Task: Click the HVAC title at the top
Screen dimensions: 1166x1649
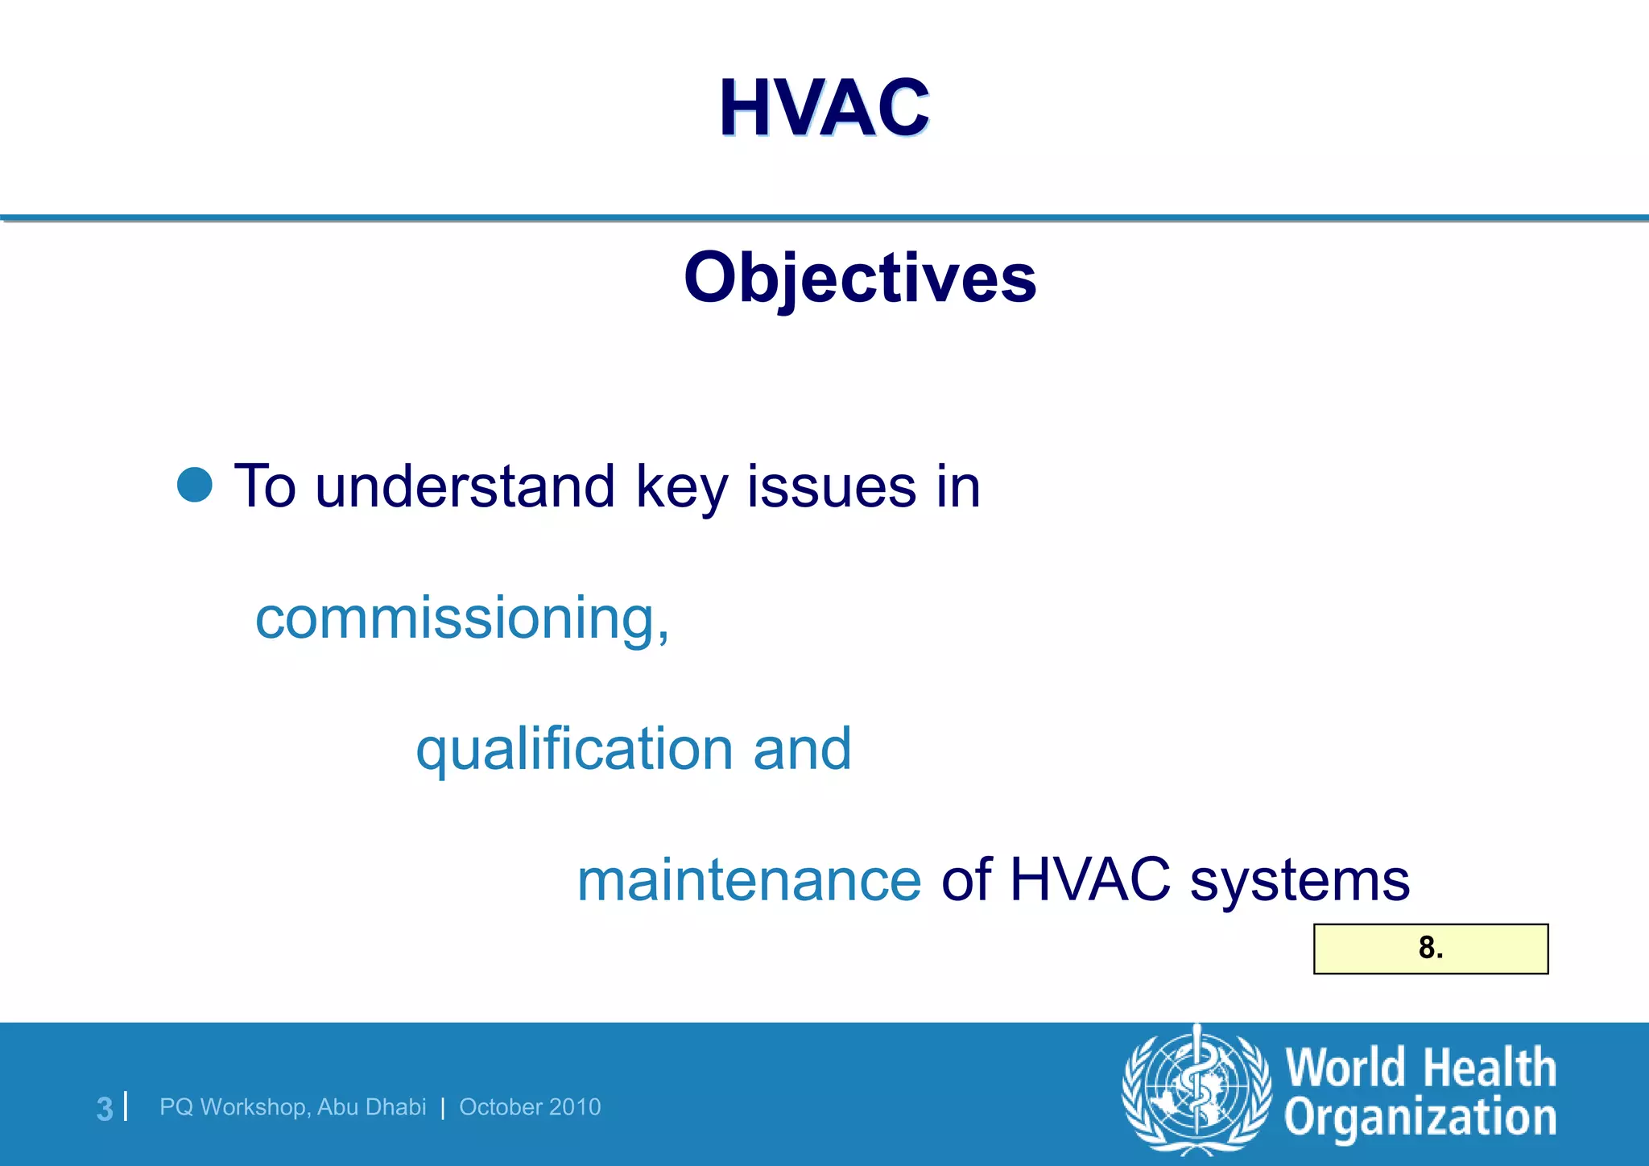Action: (x=824, y=108)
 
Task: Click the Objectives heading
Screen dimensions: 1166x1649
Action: (x=860, y=278)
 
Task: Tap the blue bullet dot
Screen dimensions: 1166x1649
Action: (x=195, y=485)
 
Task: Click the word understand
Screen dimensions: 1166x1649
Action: (x=465, y=486)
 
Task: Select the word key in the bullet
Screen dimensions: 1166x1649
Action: (x=681, y=488)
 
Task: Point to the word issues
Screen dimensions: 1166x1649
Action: (x=831, y=486)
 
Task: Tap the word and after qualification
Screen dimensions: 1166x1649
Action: (x=802, y=749)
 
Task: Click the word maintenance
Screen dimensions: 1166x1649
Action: (x=749, y=880)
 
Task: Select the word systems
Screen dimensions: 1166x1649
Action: (x=1300, y=880)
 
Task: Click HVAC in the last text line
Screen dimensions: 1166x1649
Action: (x=1089, y=880)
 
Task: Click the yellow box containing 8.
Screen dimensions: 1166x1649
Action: (x=1430, y=949)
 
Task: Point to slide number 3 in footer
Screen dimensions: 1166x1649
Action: (x=105, y=1108)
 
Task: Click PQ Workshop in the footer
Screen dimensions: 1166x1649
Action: (x=233, y=1107)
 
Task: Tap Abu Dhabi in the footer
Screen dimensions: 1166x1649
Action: (x=371, y=1107)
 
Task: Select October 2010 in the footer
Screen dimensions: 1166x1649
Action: (x=530, y=1107)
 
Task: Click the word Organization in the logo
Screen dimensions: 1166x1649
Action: (x=1420, y=1118)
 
